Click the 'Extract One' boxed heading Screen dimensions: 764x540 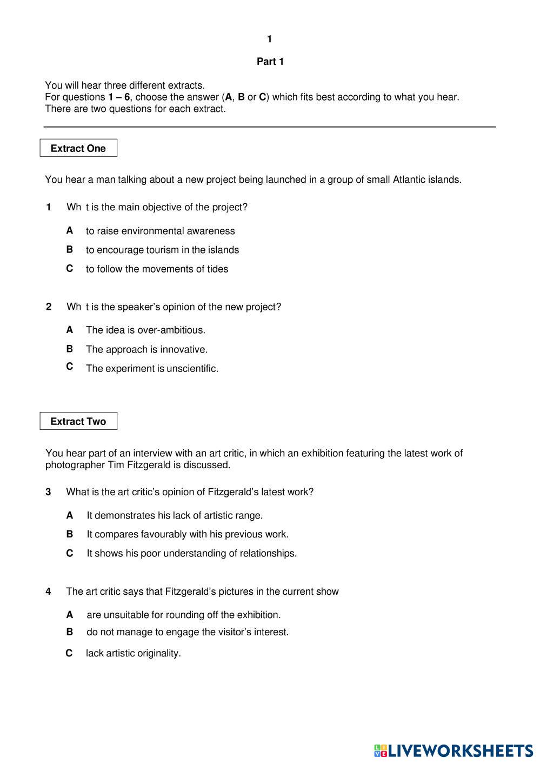(78, 148)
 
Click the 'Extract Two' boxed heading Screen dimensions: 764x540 (78, 421)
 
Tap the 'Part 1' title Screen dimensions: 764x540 (270, 62)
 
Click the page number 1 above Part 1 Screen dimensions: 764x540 (270, 39)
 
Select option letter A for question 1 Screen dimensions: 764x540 (70, 230)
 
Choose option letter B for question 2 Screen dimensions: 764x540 (70, 349)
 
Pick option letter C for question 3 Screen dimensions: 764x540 (70, 553)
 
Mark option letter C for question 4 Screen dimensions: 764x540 (69, 653)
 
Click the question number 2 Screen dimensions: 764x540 (49, 307)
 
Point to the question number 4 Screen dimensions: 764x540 (48, 592)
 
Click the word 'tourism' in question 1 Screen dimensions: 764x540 (162, 250)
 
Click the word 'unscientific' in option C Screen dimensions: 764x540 (192, 369)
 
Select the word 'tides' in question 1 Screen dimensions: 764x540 (217, 269)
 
